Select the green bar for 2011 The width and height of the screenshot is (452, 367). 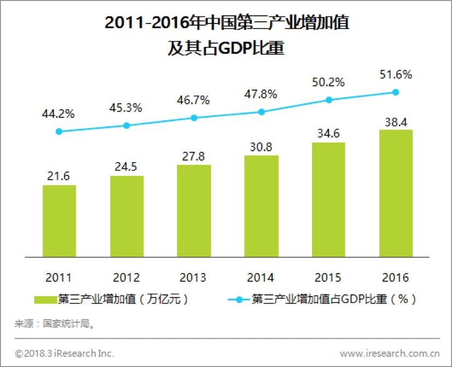(x=60, y=221)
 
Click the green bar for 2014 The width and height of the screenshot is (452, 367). (x=261, y=206)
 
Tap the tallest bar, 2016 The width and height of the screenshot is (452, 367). (x=396, y=193)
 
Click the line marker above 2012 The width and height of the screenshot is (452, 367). (x=127, y=125)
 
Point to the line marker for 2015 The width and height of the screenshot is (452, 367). (x=328, y=99)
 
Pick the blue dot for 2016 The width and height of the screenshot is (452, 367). (x=396, y=92)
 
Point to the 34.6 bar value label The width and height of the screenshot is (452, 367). (x=328, y=133)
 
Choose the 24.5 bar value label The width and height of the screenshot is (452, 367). (x=127, y=167)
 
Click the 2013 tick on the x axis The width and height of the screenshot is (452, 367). (x=194, y=277)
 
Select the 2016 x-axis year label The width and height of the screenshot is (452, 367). (x=396, y=277)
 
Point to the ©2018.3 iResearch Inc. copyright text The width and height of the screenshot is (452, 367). (x=64, y=353)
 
